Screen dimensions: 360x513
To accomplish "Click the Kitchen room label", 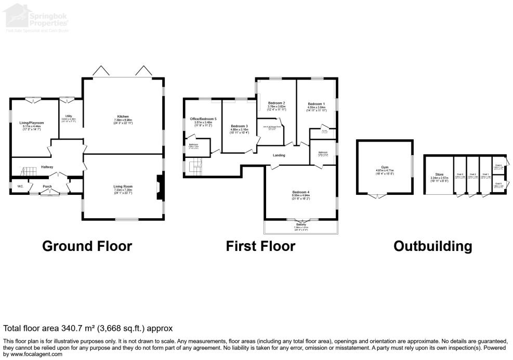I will (123, 116).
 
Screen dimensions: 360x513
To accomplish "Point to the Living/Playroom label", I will (32, 123).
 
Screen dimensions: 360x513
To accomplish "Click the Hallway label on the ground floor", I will (48, 167).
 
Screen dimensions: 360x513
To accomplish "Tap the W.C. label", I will (20, 186).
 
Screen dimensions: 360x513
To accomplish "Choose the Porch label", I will (47, 186).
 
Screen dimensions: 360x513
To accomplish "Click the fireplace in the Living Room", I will (160, 187).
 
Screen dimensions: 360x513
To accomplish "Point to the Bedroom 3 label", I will (240, 126).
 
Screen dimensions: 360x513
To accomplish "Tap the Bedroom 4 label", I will (301, 192).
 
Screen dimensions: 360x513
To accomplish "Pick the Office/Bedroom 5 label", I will (203, 119).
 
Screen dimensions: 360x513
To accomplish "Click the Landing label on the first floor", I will (280, 154).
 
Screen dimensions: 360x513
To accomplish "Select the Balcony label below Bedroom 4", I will (301, 224).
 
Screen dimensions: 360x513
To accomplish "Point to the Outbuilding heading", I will (432, 246).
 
